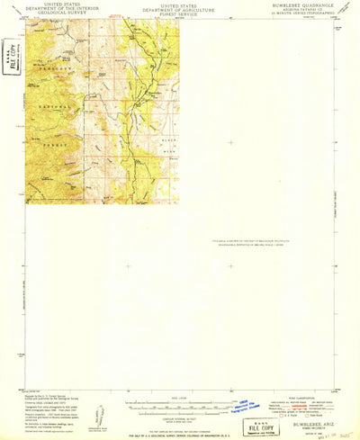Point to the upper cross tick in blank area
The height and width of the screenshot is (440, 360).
230,142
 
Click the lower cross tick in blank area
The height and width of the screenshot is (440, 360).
230,265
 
